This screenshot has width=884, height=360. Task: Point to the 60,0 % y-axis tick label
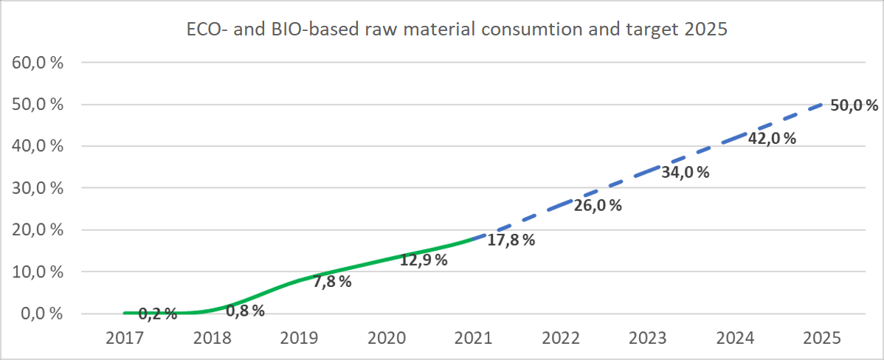click(x=38, y=62)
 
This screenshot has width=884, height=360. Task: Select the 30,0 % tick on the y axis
click(x=38, y=188)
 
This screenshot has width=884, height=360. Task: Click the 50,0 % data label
click(x=854, y=105)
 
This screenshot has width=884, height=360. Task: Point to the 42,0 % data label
click(x=771, y=138)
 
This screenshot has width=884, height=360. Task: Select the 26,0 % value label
click(x=597, y=206)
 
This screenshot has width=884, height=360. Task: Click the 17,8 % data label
click(x=510, y=240)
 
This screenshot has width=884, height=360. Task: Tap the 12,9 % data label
click(x=424, y=260)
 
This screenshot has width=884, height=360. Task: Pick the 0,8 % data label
click(x=245, y=311)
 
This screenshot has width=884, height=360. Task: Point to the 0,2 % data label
click(x=157, y=314)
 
